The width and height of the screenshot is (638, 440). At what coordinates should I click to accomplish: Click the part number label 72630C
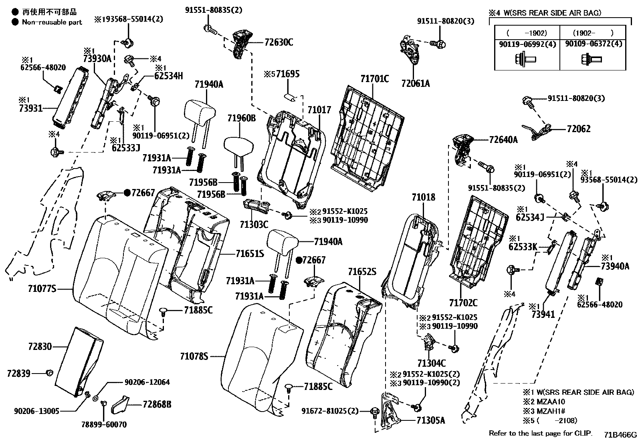point(279,42)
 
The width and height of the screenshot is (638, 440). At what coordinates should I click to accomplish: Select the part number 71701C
point(375,79)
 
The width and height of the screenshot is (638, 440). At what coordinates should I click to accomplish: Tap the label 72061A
point(416,84)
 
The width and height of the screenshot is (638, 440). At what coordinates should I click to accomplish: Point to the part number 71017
point(319,110)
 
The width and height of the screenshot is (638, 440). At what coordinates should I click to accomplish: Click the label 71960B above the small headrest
point(241,118)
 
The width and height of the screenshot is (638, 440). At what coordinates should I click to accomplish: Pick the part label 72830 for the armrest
point(40,346)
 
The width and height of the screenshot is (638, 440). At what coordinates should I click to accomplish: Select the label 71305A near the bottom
point(431,420)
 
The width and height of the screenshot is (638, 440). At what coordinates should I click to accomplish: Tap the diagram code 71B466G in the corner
point(620,435)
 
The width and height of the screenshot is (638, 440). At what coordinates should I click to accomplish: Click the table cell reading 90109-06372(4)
point(594,44)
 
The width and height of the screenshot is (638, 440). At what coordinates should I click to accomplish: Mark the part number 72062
point(578,129)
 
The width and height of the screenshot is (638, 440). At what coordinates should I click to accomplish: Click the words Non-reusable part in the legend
point(52,22)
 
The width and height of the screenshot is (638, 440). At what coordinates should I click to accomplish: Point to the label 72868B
point(157,404)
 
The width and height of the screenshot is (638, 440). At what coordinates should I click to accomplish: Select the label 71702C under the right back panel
point(463,303)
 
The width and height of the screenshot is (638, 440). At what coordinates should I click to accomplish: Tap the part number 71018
point(423,197)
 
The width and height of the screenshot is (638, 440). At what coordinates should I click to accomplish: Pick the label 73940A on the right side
point(615,266)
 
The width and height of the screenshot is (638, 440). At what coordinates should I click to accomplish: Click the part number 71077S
point(42,288)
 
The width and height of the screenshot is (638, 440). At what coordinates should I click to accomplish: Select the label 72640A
point(503,140)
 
